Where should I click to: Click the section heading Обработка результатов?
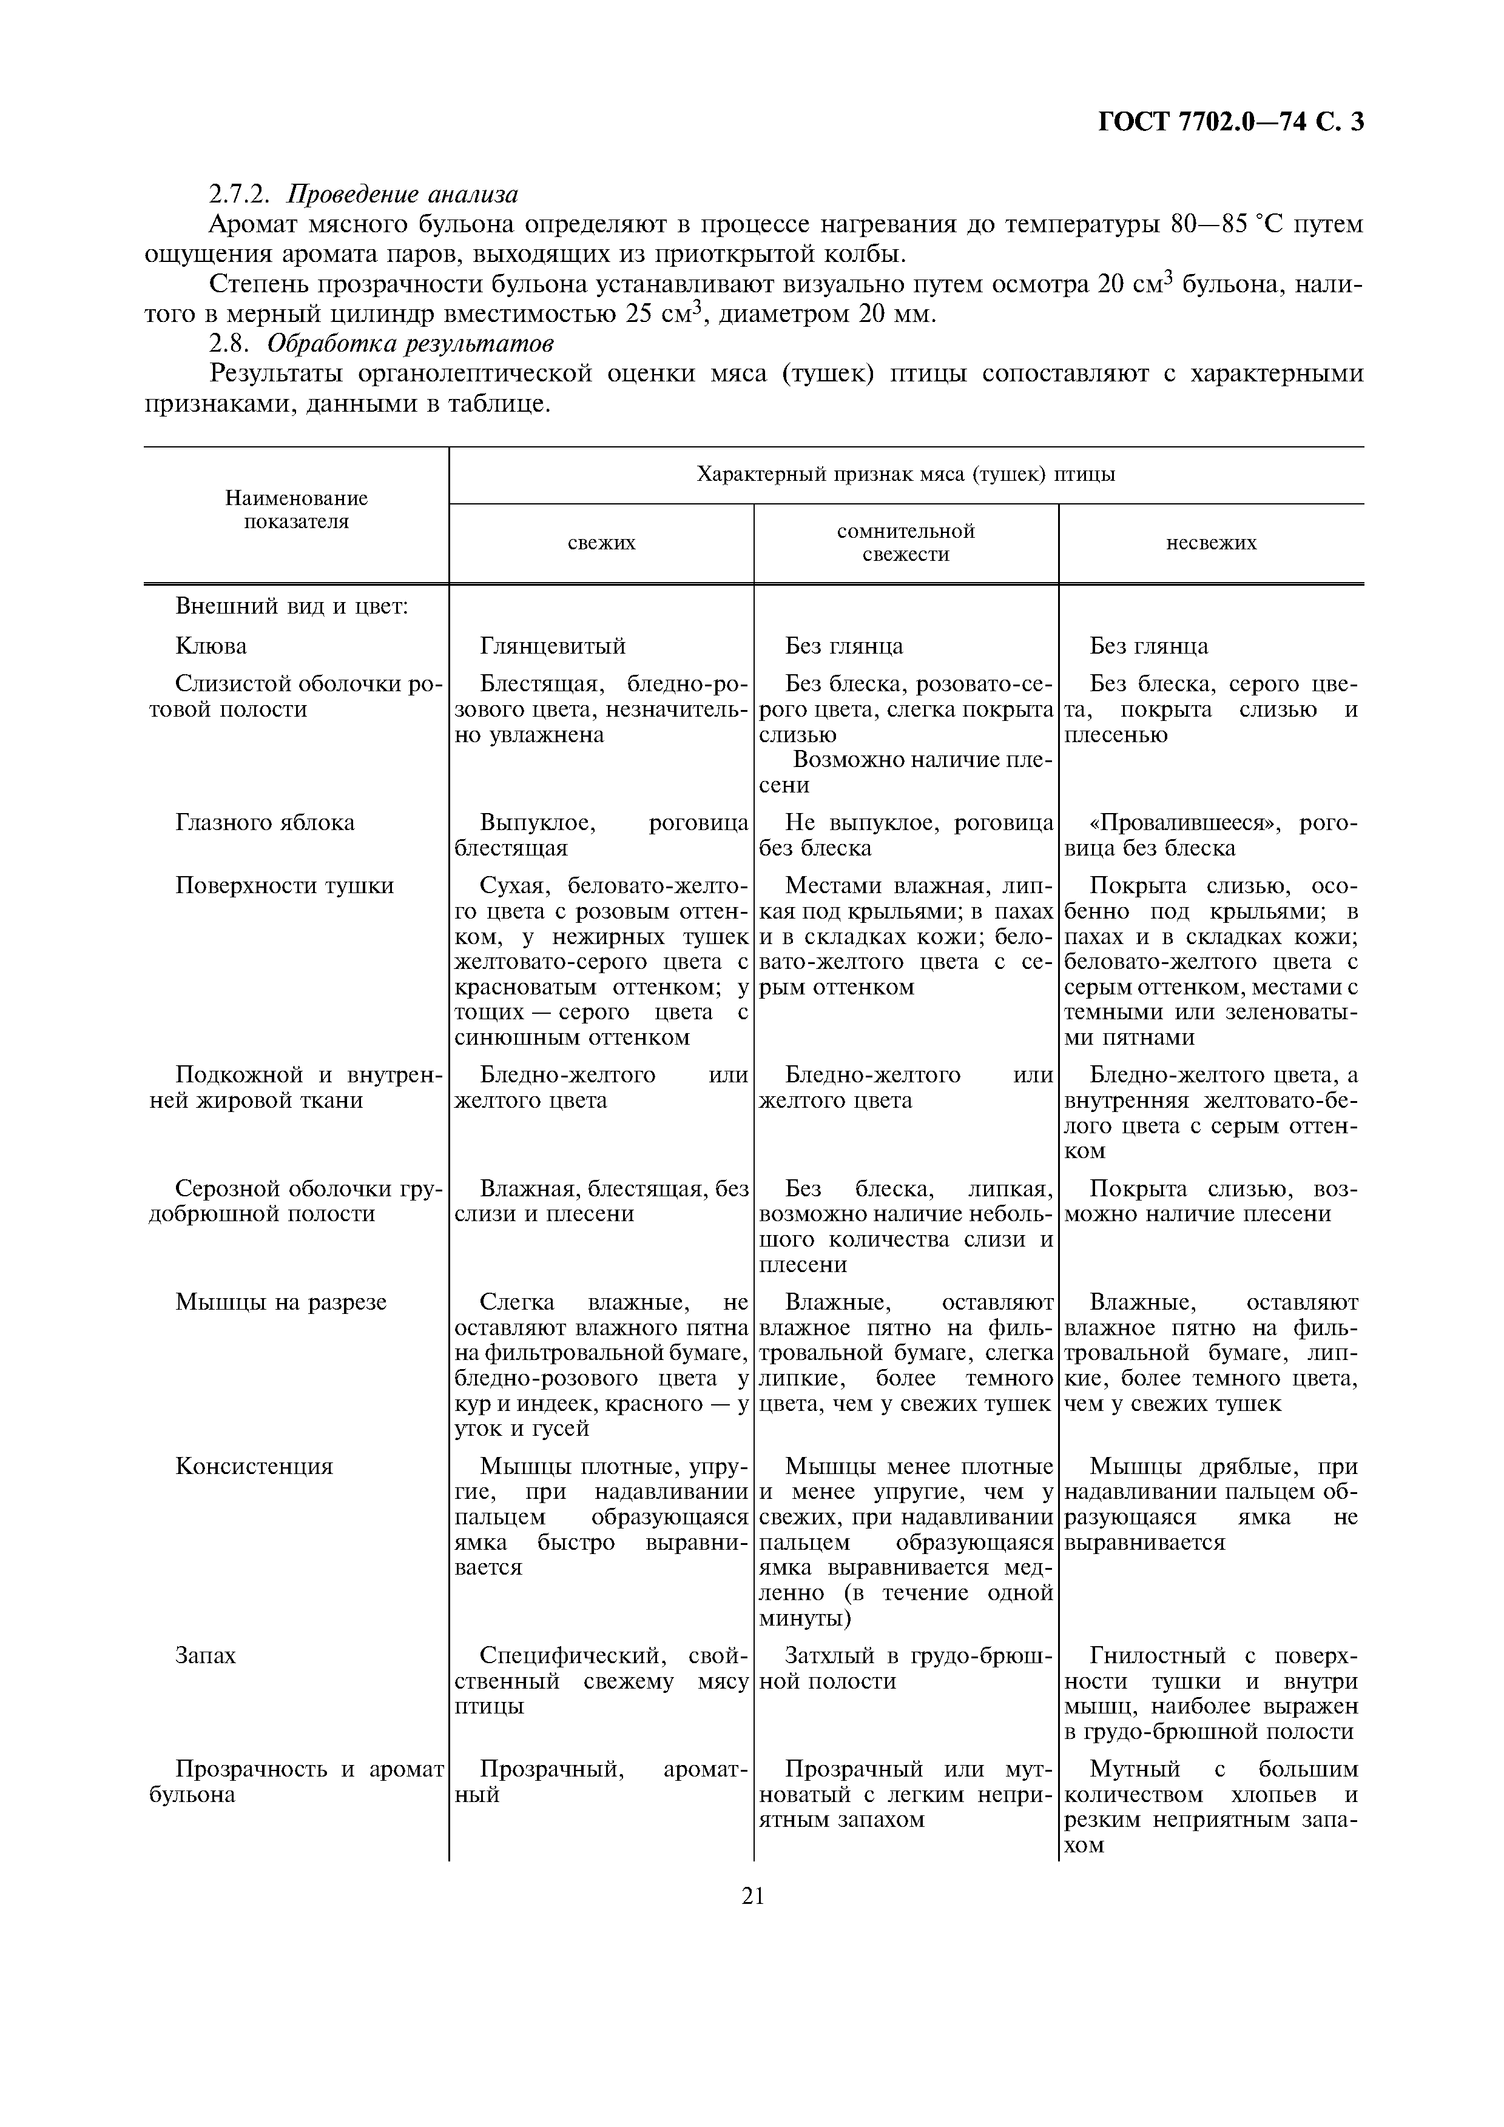411,344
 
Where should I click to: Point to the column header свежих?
601,543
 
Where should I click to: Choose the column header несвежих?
1211,543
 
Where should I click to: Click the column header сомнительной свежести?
905,543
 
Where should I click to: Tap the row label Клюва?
211,646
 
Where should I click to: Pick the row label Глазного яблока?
265,823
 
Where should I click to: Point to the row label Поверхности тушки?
285,886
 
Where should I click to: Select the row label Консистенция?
254,1467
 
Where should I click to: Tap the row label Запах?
206,1655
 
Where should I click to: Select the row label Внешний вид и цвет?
292,607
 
